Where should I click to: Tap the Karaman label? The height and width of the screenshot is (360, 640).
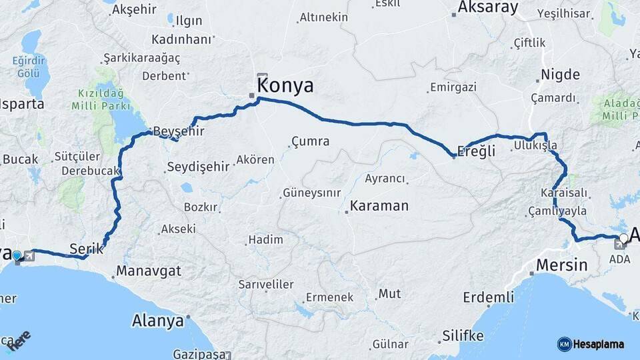point(379,205)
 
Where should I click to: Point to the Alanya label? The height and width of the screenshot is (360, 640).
point(157,321)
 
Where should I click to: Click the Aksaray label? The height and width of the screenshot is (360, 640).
point(488,8)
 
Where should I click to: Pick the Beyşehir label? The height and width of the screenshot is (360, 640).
point(179,131)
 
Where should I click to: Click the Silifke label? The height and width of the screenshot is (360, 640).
point(463,336)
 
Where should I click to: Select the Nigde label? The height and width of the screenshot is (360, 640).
point(560,74)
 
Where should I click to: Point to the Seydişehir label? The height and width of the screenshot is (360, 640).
point(198,167)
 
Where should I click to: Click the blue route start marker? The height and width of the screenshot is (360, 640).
point(17,255)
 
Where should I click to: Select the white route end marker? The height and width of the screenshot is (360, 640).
point(623,238)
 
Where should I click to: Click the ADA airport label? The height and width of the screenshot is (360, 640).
point(620,260)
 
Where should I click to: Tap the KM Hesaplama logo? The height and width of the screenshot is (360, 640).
point(591,344)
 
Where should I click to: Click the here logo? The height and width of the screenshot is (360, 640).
point(20,340)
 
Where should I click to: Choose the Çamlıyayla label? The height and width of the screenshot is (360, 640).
point(557,211)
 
